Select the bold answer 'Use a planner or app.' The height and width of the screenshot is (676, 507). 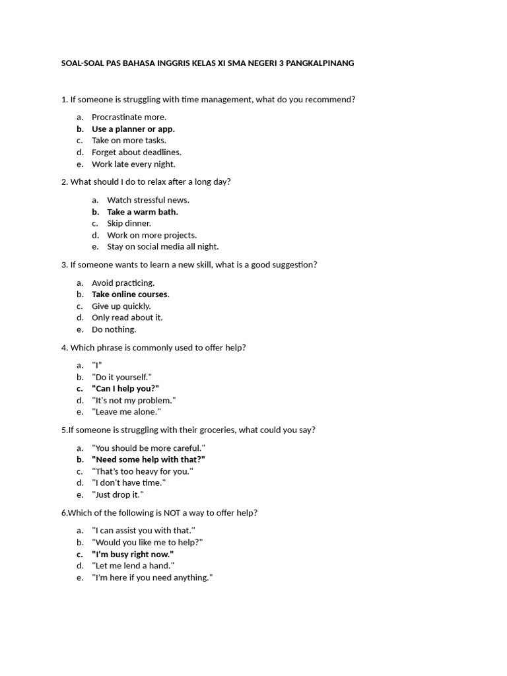point(133,129)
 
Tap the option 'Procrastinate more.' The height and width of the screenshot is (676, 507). point(129,117)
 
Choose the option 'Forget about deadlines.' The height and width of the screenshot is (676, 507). point(136,152)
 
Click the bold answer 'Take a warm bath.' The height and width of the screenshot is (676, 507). point(143,212)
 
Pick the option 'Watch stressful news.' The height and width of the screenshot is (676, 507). point(148,200)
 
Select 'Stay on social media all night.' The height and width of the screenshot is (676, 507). point(162,246)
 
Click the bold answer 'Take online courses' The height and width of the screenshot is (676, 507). point(129,294)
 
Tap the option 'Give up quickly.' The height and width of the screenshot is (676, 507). point(121,306)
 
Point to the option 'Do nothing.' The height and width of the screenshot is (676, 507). point(114,329)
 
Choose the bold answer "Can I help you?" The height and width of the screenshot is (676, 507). point(125,388)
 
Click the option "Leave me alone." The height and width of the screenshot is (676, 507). point(126,411)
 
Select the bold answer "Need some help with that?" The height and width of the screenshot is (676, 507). point(149,459)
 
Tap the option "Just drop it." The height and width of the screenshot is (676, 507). point(118,494)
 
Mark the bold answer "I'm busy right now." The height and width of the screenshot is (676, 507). point(133,554)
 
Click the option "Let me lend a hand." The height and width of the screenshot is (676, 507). point(133,566)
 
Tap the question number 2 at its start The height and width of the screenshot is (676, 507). point(64,182)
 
